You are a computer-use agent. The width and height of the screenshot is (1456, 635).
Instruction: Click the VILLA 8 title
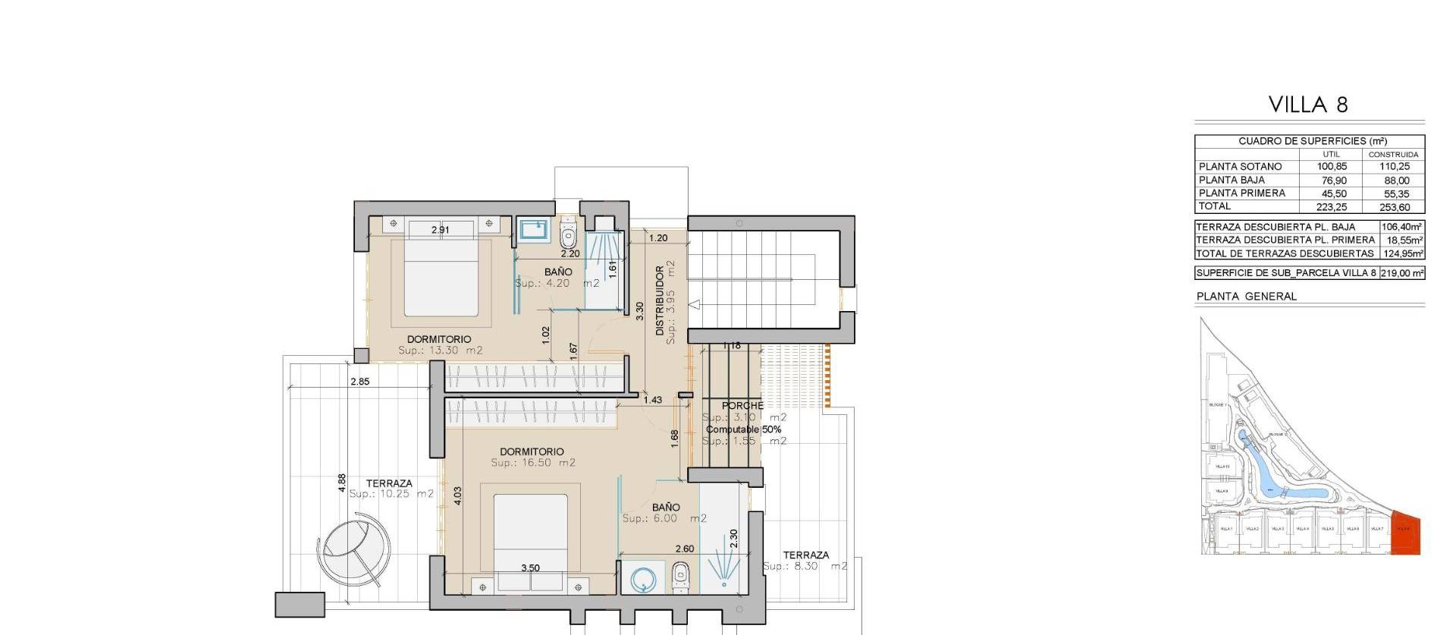click(x=1309, y=105)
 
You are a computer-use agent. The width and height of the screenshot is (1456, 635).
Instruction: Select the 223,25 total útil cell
click(x=1331, y=207)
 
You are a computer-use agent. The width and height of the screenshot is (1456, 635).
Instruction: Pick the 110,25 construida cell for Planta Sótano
click(x=1393, y=167)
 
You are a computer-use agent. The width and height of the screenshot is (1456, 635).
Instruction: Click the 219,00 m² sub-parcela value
click(x=1402, y=273)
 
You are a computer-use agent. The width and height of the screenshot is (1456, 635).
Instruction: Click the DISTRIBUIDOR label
click(x=660, y=301)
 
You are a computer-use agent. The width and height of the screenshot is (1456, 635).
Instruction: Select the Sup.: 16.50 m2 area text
click(x=533, y=463)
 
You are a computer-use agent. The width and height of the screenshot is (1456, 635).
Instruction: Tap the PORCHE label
click(x=742, y=406)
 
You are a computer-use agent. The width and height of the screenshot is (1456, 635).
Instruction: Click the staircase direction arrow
click(x=695, y=305)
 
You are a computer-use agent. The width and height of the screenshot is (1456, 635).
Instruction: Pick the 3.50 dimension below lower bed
click(x=530, y=568)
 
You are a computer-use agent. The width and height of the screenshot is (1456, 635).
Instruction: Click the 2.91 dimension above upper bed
click(x=440, y=229)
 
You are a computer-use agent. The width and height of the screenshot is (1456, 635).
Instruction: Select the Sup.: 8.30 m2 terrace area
click(x=805, y=567)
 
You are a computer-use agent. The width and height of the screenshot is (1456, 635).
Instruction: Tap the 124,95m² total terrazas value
click(x=1402, y=253)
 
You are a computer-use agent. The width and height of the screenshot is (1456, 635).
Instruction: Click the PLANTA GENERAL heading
click(x=1246, y=297)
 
